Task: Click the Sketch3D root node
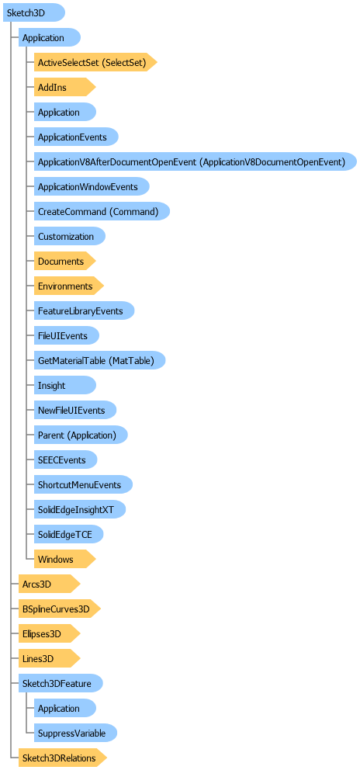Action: (34, 12)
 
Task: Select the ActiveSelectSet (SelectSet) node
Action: (95, 62)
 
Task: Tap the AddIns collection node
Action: (64, 88)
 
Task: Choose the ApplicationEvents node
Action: (76, 137)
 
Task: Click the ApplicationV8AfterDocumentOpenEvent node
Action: (195, 162)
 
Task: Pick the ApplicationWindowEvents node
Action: (92, 186)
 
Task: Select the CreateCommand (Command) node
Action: (102, 212)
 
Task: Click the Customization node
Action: (70, 236)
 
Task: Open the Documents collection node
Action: (64, 262)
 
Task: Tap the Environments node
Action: (69, 286)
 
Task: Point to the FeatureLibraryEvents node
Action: (84, 310)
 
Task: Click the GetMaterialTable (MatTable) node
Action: (100, 360)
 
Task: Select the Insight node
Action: (65, 386)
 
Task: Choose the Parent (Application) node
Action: (81, 435)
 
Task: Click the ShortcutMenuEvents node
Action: (83, 484)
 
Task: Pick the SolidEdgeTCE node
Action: (69, 534)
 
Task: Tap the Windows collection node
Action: (64, 560)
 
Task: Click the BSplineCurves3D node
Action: (60, 609)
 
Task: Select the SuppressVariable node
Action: (75, 734)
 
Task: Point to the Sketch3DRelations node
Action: (63, 758)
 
